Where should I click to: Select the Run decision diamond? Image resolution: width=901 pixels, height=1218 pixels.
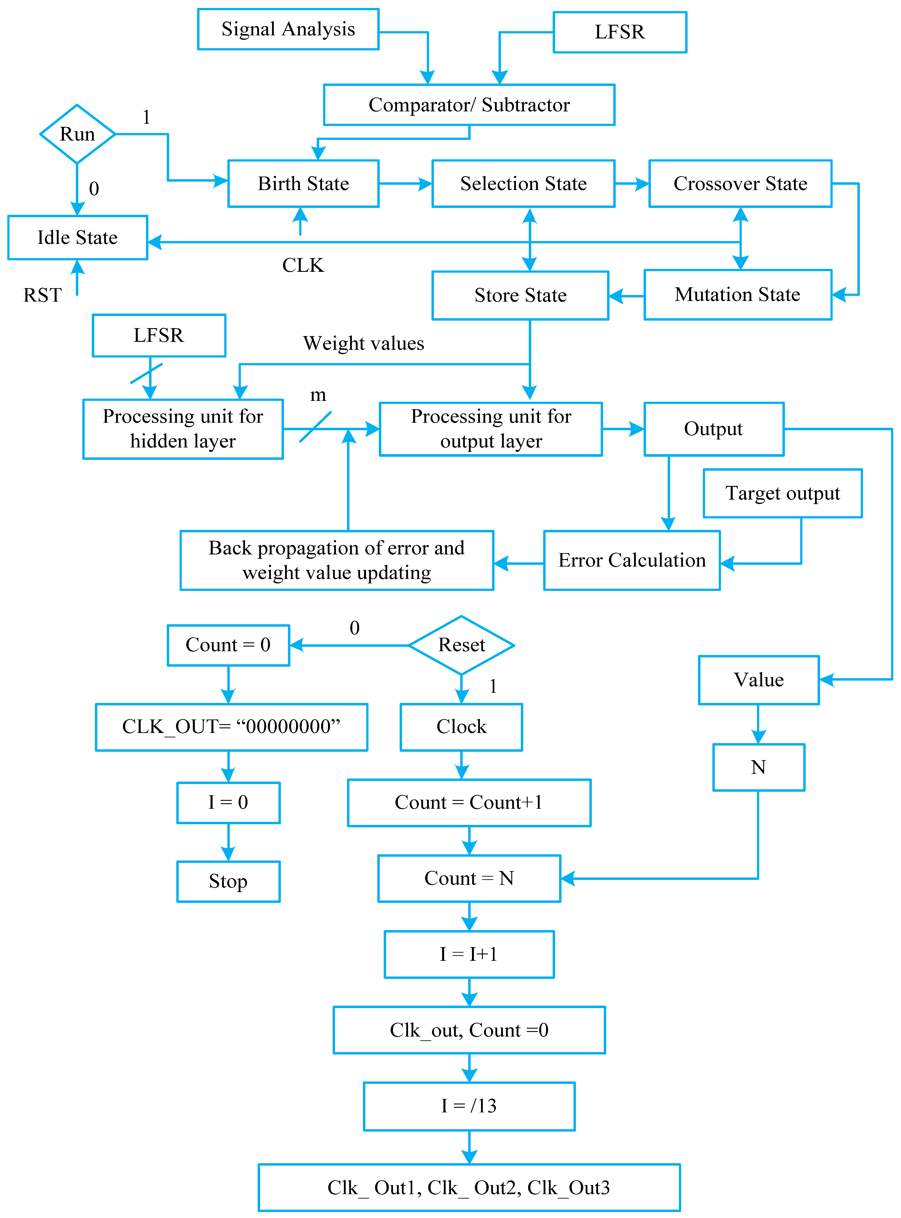pos(77,134)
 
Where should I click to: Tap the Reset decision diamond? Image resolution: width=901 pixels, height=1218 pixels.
pos(461,645)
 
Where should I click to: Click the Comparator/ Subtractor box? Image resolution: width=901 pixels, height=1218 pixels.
pos(469,105)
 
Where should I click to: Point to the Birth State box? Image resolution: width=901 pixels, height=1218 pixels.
pos(303,184)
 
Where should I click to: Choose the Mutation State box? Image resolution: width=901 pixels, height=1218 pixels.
pos(738,295)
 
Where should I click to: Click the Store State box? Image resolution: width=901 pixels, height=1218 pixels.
pos(520,295)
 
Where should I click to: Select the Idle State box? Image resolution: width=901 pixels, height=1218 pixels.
pos(77,238)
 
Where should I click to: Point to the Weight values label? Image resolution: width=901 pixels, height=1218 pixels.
pos(364,343)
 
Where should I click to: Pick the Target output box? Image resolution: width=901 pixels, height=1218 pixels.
pos(783,493)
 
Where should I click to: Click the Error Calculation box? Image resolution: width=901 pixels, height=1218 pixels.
pos(632,560)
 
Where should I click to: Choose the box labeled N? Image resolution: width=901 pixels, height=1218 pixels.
pos(759,767)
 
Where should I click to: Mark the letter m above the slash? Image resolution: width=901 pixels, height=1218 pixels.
pos(318,395)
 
